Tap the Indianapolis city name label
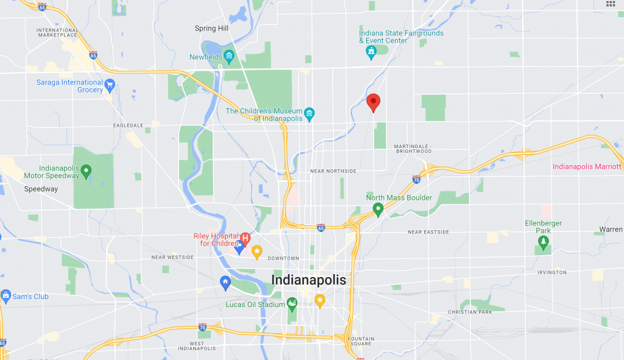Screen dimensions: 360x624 (x=308, y=280)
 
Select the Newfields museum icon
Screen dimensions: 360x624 (x=229, y=57)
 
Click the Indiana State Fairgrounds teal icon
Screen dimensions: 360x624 (x=370, y=53)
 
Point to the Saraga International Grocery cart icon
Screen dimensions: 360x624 (x=110, y=84)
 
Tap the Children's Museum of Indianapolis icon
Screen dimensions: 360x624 (x=310, y=114)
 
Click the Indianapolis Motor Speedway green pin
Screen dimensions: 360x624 (x=86, y=171)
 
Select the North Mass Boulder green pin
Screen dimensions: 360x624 (x=378, y=210)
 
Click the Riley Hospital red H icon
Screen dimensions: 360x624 (x=245, y=238)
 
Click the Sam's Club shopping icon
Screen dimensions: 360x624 (x=6, y=297)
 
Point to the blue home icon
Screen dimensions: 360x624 (x=225, y=282)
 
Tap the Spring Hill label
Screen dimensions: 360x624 (x=210, y=29)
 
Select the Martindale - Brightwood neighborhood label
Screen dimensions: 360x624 (x=413, y=149)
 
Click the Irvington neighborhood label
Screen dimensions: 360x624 (x=551, y=272)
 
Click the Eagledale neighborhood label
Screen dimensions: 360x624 (x=127, y=125)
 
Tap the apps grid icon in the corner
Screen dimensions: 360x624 (x=611, y=4)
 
